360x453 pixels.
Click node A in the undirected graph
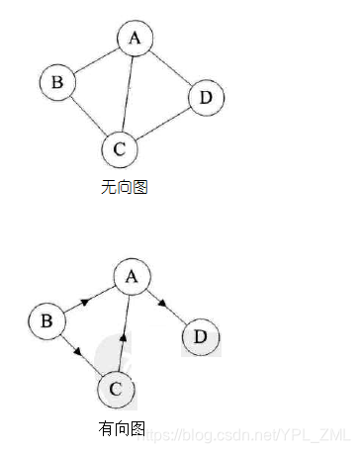[135, 40]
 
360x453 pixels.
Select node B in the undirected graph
[57, 83]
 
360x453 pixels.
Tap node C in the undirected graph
[119, 149]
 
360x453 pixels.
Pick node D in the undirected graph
[205, 97]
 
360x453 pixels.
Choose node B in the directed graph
[45, 320]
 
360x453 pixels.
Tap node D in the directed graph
[201, 337]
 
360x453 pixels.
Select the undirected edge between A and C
[128, 94]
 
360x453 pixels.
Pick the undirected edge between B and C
[87, 116]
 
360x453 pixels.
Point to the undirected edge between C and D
[161, 124]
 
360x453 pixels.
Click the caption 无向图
[124, 187]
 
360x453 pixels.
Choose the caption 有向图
[122, 428]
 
